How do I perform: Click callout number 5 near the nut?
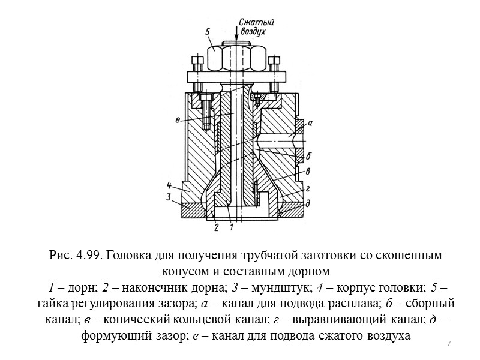[x=207, y=31]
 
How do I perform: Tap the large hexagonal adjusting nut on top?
[x=235, y=58]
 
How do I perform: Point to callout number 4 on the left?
[x=170, y=184]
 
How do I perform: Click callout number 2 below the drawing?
[x=215, y=227]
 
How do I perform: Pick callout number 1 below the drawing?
[x=232, y=227]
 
